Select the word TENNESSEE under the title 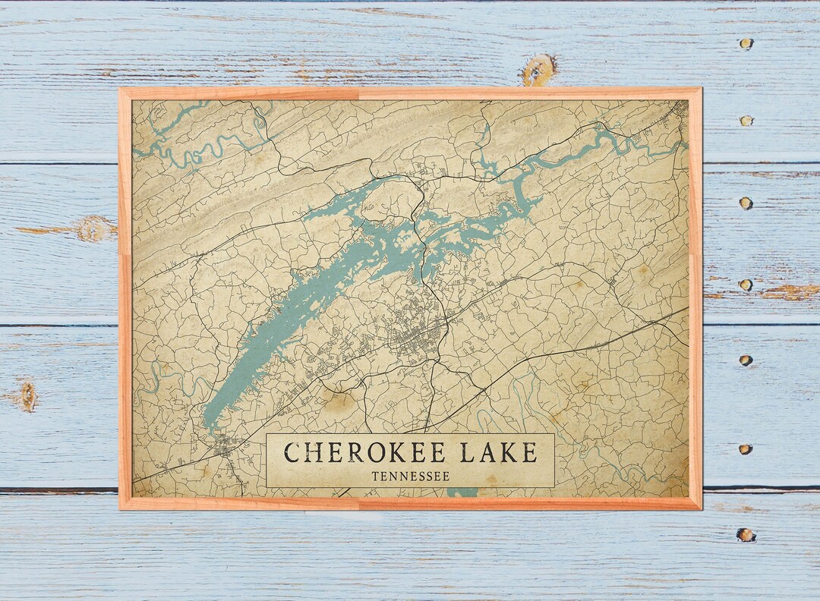tap(411, 477)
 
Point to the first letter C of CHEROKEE tap(292, 453)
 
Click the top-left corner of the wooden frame tap(121, 90)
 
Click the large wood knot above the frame tap(539, 70)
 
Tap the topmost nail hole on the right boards tap(746, 44)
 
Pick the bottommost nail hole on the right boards tap(746, 534)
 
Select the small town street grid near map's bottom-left tap(225, 447)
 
